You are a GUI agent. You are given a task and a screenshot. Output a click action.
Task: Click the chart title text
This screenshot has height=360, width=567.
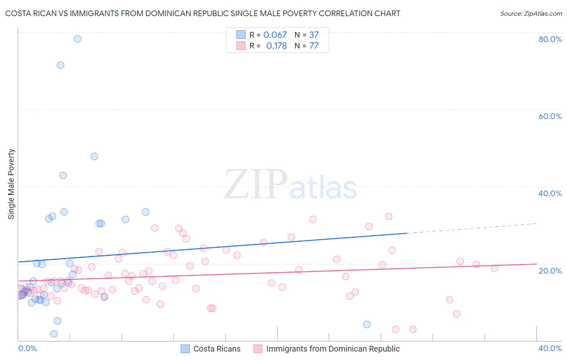click(202, 13)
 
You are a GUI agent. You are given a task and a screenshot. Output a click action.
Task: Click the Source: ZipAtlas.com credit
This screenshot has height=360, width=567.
click(531, 13)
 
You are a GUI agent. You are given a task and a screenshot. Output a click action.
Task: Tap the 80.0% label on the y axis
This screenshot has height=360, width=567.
click(550, 39)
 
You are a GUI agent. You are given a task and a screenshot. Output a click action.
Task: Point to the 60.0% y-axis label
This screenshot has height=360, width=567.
click(550, 116)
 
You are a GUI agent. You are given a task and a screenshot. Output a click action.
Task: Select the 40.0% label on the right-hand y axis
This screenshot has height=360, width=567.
click(550, 193)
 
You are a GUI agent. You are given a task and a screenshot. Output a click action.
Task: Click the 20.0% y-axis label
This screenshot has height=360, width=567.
click(550, 270)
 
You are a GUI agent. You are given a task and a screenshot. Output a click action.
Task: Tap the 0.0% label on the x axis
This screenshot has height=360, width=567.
click(27, 348)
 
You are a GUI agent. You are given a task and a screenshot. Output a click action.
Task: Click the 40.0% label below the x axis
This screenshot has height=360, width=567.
click(550, 348)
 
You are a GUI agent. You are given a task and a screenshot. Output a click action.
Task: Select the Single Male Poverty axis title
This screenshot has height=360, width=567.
click(11, 184)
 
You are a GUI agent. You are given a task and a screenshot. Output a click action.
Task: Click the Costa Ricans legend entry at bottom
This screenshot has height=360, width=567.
click(217, 349)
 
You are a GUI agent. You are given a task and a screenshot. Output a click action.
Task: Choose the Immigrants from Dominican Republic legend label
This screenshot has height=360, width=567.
click(333, 349)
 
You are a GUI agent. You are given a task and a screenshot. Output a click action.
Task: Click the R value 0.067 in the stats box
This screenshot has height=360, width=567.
click(275, 35)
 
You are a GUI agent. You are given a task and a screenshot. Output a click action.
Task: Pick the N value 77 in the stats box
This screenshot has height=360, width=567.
click(314, 46)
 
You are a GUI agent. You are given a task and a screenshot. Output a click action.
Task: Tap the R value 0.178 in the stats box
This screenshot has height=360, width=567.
click(276, 46)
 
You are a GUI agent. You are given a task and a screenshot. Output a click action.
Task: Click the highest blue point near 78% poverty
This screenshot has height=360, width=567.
click(77, 39)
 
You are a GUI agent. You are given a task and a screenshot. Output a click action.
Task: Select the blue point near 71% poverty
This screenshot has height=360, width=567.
click(60, 65)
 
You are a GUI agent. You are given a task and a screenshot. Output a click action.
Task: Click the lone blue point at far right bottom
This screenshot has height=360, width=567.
click(367, 324)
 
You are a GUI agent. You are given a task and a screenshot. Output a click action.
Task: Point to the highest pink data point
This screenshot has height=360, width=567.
click(388, 216)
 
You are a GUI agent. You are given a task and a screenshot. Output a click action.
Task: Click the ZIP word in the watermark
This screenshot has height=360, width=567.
click(256, 184)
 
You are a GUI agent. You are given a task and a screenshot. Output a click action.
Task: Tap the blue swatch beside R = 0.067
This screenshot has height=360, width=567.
click(241, 35)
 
